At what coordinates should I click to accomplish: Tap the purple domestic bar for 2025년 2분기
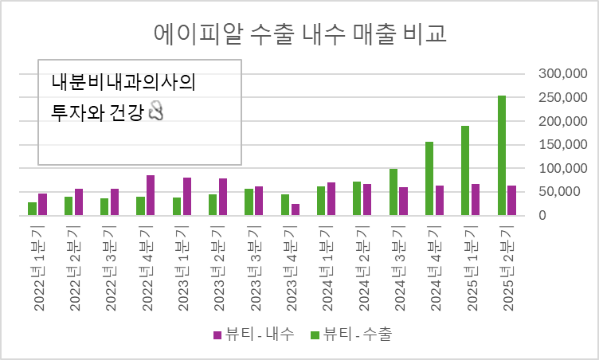(512, 200)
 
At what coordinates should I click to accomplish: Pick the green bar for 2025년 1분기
(465, 170)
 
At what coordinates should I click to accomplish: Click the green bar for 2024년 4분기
(429, 178)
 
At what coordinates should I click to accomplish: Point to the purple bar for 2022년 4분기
(151, 195)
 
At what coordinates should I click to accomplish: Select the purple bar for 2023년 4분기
(296, 209)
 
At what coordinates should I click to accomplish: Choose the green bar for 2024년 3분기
(393, 192)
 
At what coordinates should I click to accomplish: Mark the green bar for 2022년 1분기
(32, 209)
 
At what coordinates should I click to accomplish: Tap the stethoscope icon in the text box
(156, 112)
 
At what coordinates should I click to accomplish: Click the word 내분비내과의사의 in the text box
(123, 82)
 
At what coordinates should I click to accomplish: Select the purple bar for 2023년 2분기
(223, 197)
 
